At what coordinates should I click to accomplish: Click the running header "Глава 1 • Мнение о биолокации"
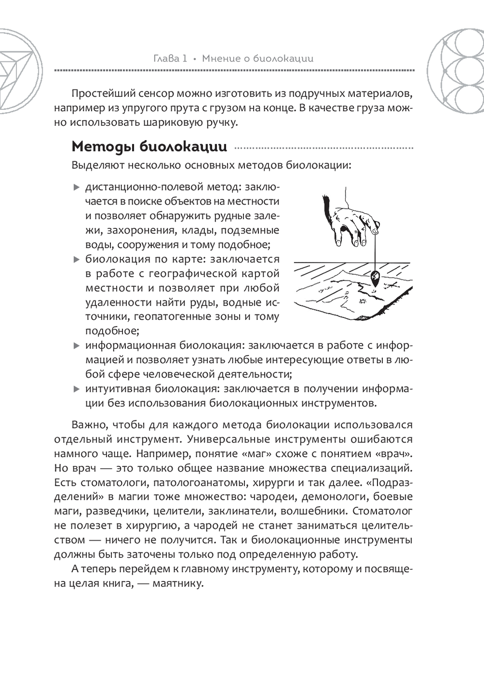tap(233, 59)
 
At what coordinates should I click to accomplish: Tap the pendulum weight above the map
tap(375, 278)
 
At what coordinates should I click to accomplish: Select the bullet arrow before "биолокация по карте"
tap(76, 260)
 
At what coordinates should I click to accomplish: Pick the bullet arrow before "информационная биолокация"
tap(76, 346)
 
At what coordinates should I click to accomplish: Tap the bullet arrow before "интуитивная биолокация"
tap(76, 389)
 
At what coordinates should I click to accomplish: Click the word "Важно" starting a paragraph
tap(89, 425)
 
